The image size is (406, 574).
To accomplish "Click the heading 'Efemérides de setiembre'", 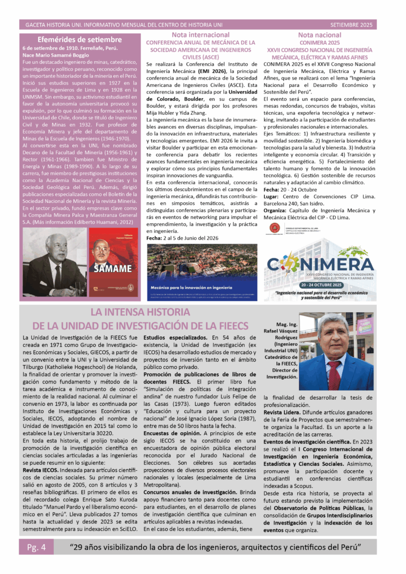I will (79, 39).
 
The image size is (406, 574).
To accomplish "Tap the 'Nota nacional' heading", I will (320, 35).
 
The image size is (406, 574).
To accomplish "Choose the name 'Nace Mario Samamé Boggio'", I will (56, 55).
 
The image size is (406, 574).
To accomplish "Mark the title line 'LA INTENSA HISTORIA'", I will (140, 312).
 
